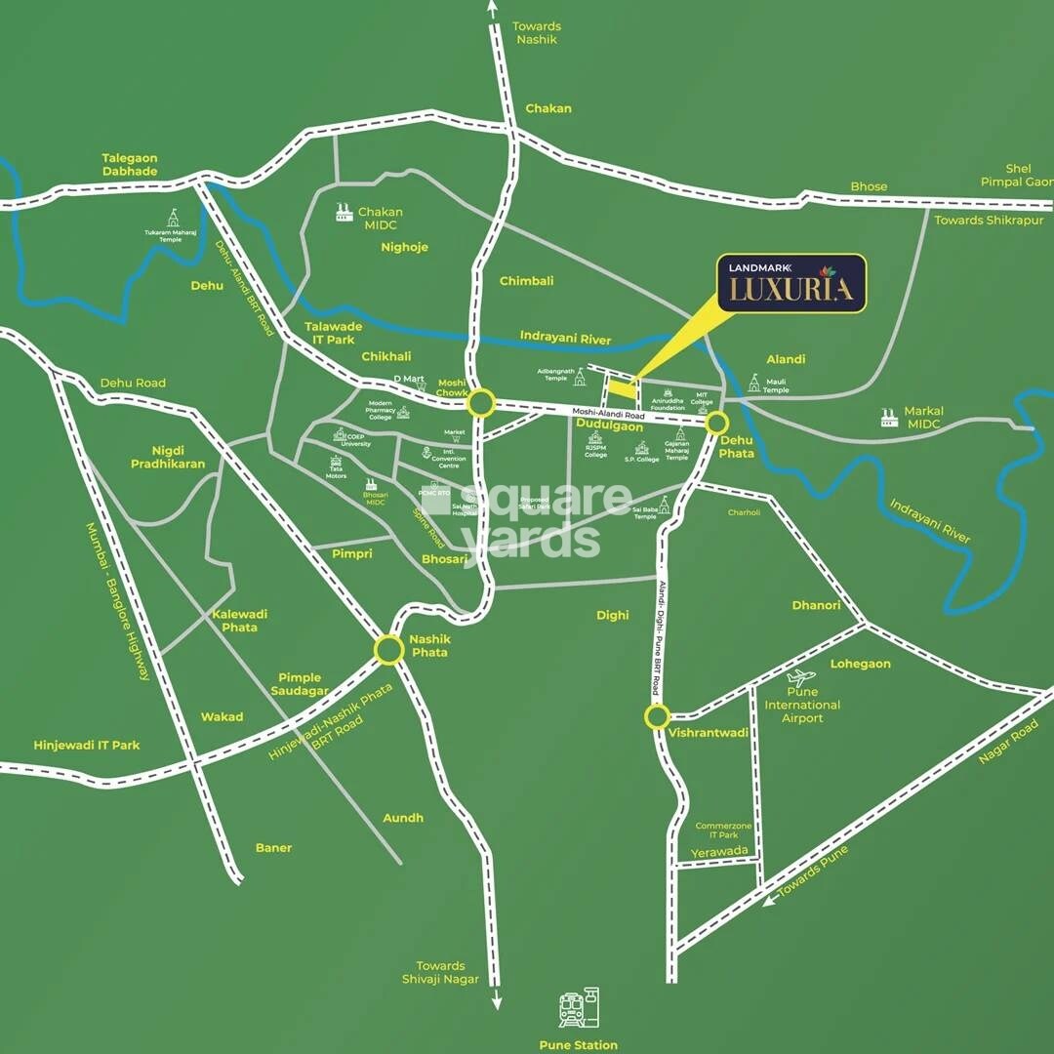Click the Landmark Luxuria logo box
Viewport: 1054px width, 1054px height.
tap(791, 283)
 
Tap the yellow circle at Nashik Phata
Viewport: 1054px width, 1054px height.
tap(388, 651)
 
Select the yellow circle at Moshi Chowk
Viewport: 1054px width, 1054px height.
tap(480, 403)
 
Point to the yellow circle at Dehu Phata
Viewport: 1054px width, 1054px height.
tap(717, 423)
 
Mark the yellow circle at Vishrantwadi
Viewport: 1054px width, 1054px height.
tap(656, 717)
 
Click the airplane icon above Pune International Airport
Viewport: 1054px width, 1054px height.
tap(801, 677)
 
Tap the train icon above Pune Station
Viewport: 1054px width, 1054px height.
tap(579, 1008)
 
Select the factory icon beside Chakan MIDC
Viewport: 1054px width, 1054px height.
tap(343, 211)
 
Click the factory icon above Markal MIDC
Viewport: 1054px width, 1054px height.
tap(889, 417)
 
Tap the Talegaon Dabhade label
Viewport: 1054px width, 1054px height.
tap(130, 165)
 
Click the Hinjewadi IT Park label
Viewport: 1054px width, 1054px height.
tap(87, 745)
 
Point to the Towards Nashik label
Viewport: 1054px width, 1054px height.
tap(538, 33)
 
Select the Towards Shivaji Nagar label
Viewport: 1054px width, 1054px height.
tap(440, 972)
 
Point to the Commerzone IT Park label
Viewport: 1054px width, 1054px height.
tap(723, 831)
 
